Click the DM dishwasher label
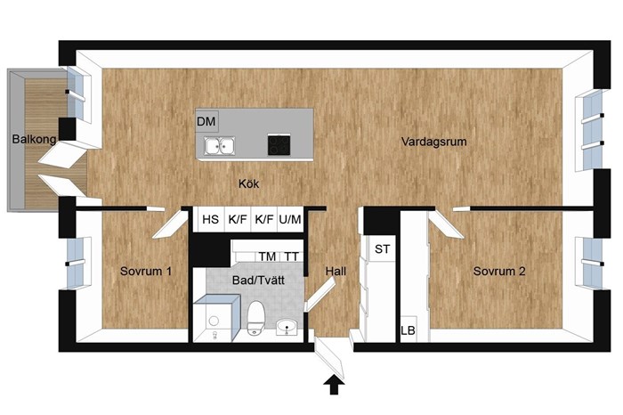tap(206, 121)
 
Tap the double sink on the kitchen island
tap(219, 145)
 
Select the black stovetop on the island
tap(279, 144)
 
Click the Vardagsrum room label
tap(434, 142)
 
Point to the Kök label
tap(248, 183)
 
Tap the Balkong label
tap(34, 139)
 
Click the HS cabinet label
tap(210, 219)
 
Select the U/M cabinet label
tap(290, 219)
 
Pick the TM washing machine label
tap(267, 256)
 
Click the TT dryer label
tap(291, 256)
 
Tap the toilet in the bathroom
tap(255, 318)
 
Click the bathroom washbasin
tap(287, 327)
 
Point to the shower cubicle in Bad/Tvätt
tap(216, 318)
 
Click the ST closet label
tap(382, 249)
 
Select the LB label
tap(408, 330)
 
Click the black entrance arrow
tap(334, 386)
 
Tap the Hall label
tap(336, 272)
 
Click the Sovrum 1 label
tap(146, 272)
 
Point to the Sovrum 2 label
tap(499, 272)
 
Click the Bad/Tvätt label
tap(258, 281)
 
